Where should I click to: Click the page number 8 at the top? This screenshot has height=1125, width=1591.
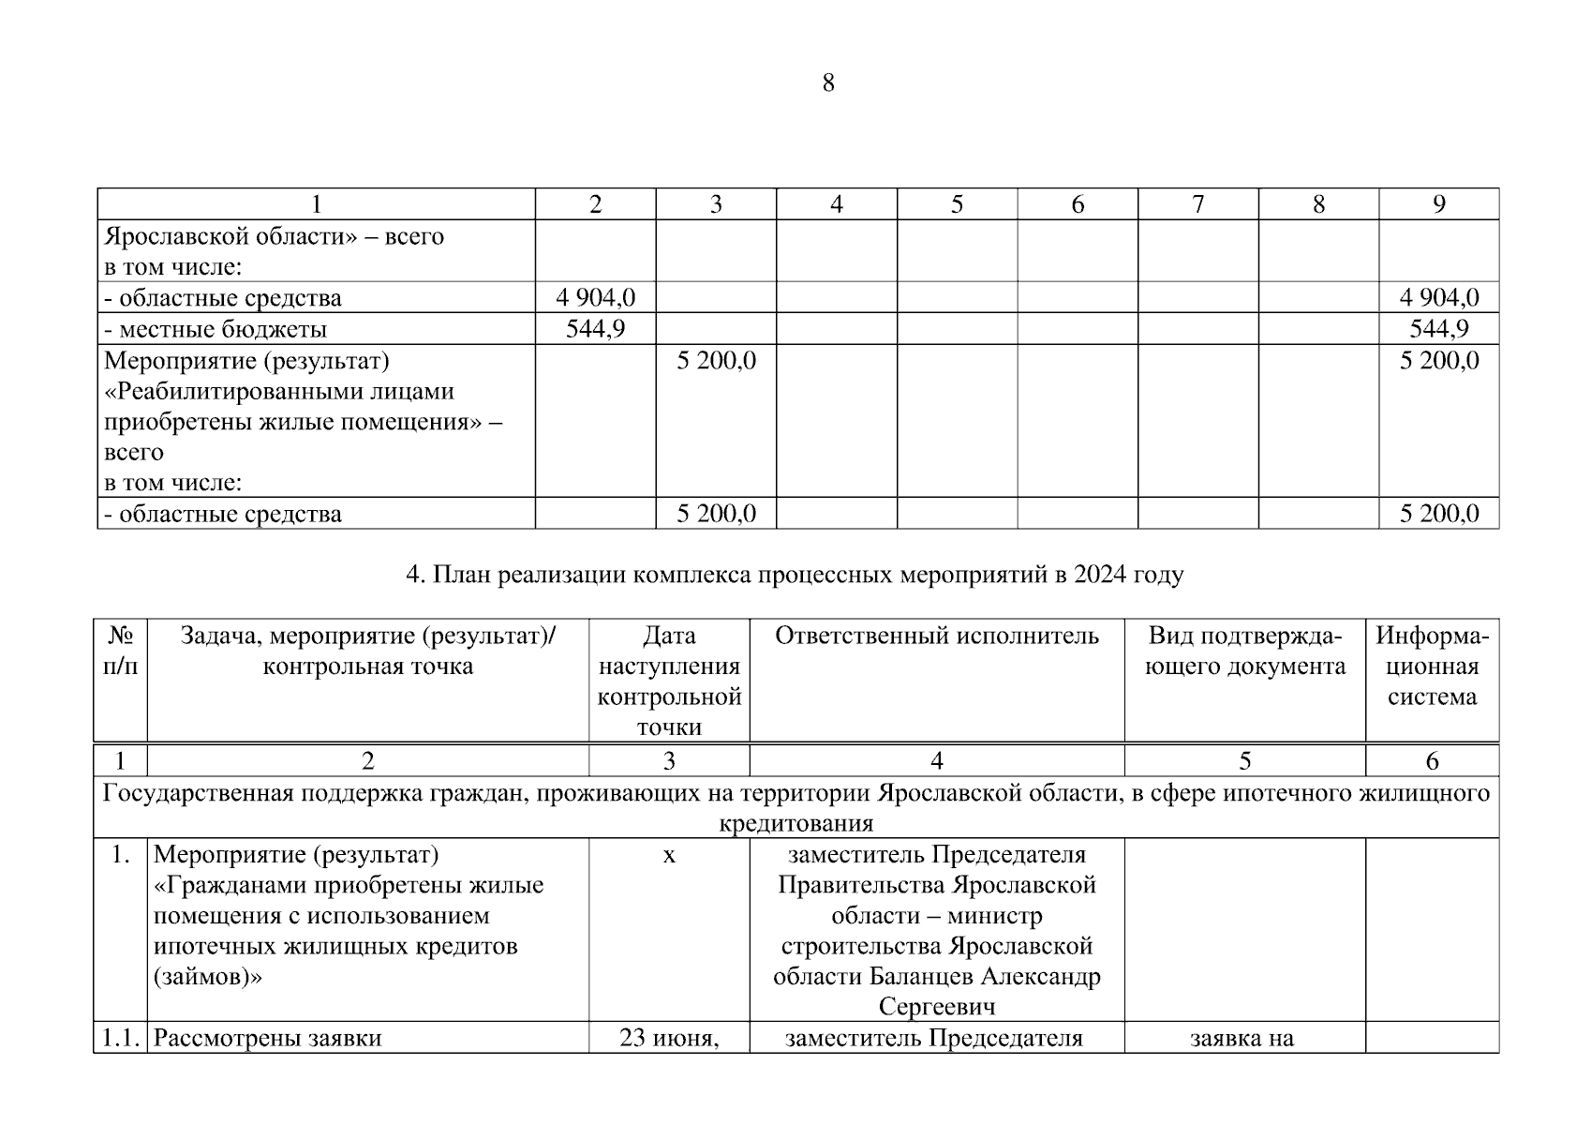click(x=827, y=83)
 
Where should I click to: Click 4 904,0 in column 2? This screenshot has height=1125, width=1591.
click(x=595, y=298)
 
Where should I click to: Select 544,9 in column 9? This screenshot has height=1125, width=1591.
click(x=1438, y=329)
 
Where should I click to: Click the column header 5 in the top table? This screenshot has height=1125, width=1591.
click(x=957, y=204)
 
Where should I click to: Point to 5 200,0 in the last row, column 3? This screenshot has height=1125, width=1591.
click(x=716, y=514)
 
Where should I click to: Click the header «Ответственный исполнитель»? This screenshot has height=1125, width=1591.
click(x=936, y=637)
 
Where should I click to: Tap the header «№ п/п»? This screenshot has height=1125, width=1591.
click(x=120, y=652)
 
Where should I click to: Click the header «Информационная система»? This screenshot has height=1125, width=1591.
click(x=1432, y=667)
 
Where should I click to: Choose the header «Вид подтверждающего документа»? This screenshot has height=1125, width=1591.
click(x=1244, y=652)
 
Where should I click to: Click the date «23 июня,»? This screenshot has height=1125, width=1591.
click(x=668, y=1039)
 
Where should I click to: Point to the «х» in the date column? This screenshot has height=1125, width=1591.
click(x=669, y=855)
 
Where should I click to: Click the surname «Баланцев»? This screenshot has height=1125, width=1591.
click(x=922, y=977)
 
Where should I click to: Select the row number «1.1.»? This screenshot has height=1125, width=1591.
click(x=120, y=1039)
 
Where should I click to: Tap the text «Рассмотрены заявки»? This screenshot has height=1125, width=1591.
click(x=267, y=1039)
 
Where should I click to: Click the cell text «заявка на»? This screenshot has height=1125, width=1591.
click(x=1242, y=1039)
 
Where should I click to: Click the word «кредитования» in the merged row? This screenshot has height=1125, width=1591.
click(x=795, y=824)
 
